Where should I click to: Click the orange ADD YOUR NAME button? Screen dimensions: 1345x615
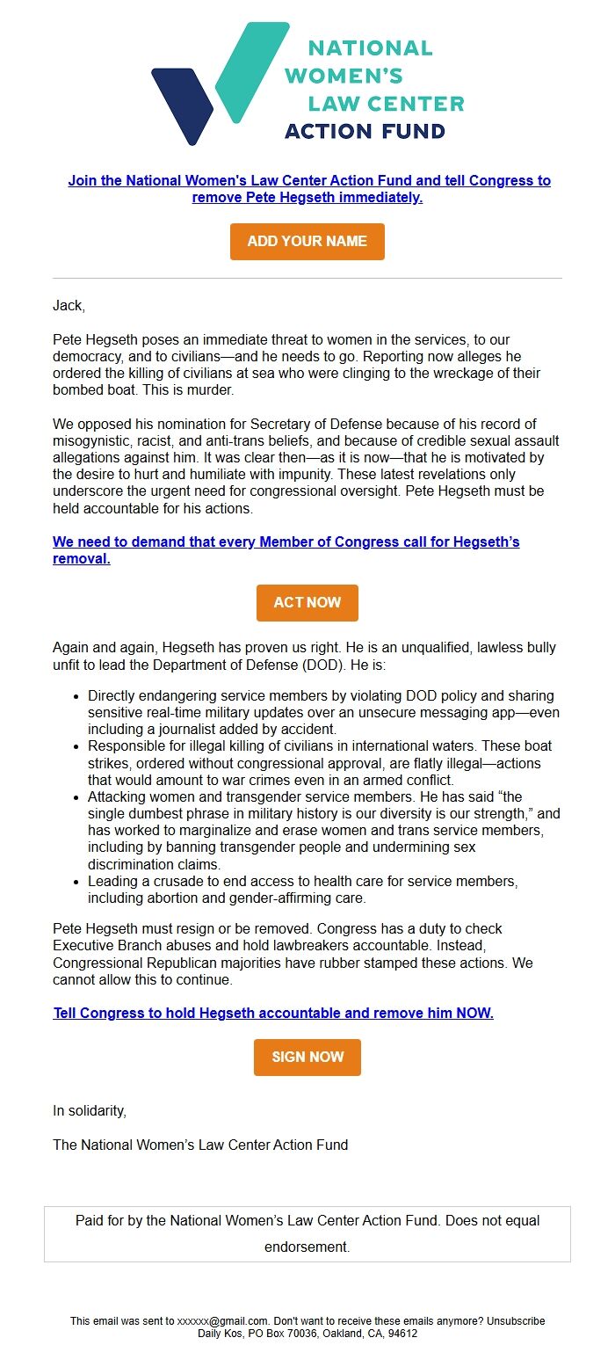click(307, 242)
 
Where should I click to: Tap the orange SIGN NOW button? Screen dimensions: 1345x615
click(307, 1058)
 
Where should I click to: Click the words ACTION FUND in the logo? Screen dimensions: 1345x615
click(365, 132)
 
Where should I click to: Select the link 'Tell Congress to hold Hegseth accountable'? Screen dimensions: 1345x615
click(273, 1013)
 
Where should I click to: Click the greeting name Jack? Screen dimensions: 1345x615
click(68, 306)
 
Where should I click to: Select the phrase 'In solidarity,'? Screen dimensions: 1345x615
click(90, 1110)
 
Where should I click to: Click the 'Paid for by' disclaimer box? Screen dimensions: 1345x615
click(307, 1233)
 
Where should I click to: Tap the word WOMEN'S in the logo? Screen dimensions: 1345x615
click(344, 76)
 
